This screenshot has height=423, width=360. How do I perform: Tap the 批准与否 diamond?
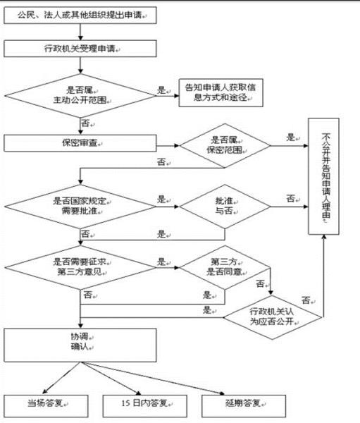[x=223, y=206]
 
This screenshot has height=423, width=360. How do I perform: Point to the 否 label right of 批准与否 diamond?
[x=290, y=199]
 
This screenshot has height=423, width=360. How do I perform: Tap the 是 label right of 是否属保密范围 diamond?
[x=290, y=137]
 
